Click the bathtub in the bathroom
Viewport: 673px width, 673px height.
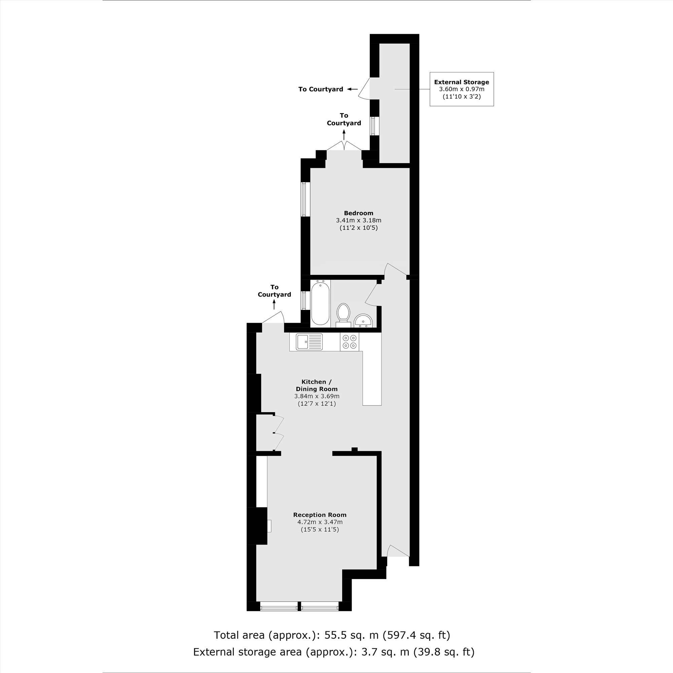click(320, 304)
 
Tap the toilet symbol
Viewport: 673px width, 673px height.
click(344, 314)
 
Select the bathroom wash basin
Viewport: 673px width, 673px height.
click(363, 320)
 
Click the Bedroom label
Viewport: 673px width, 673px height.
click(358, 213)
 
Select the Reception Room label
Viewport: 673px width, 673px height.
click(319, 515)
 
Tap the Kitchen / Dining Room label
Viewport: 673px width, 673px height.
click(316, 385)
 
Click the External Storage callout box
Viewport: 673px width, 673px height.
click(461, 89)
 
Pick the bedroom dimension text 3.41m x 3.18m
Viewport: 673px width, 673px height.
click(358, 220)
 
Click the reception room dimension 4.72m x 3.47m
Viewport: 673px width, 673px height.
click(319, 522)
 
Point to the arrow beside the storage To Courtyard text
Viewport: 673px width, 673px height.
click(353, 89)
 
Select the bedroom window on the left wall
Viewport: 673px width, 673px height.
click(305, 199)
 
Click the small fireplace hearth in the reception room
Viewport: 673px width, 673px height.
click(269, 526)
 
